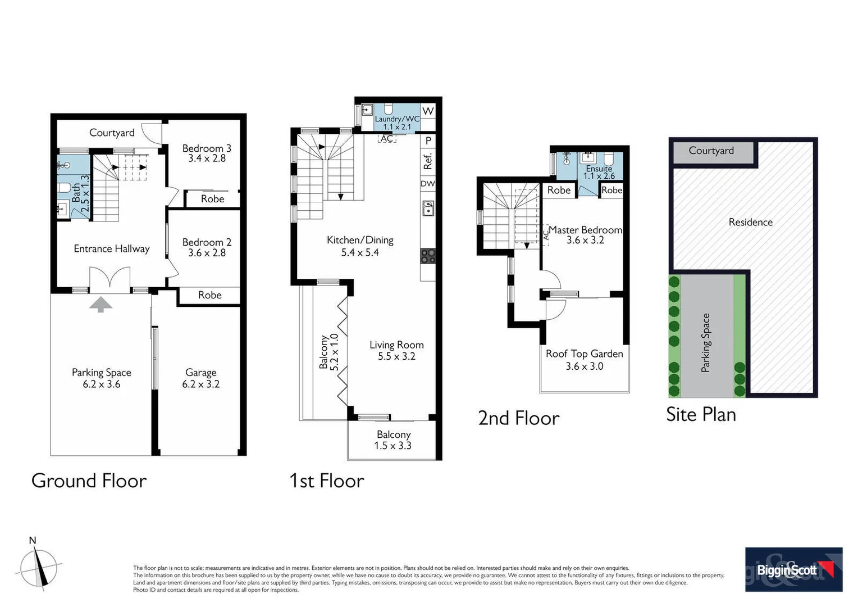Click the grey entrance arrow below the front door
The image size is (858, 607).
101,305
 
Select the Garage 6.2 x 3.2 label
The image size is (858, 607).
200,378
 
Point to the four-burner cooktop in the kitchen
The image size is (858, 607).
428,256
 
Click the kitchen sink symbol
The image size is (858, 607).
428,209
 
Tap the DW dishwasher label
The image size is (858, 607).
427,183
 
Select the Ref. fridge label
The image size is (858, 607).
428,161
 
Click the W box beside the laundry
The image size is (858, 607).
428,111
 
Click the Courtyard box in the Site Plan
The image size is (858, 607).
711,151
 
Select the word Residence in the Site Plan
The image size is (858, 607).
750,222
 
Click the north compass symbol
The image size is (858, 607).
38,567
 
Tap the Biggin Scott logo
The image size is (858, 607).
793,569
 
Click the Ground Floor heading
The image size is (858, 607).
89,481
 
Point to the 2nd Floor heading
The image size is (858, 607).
518,418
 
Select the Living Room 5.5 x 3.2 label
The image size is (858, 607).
396,350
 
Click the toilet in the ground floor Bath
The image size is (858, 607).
63,188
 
